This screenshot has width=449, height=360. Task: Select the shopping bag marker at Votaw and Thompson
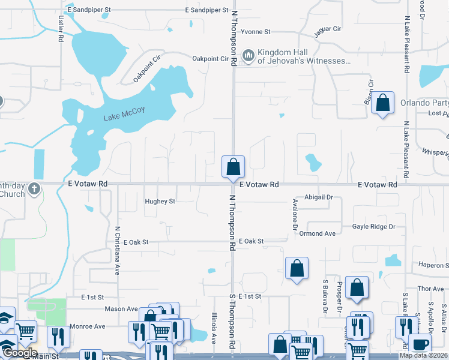[233, 166]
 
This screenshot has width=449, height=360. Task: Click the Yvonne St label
[256, 31]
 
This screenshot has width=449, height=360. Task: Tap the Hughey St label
[160, 202]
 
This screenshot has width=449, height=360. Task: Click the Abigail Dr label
[319, 197]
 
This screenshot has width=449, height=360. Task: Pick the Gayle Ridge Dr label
[374, 226]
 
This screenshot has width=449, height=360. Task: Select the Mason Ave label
[122, 309]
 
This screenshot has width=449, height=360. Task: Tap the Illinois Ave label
[213, 328]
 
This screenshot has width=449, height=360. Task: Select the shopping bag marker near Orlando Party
[382, 103]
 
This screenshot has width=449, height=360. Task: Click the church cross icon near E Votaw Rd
[35, 188]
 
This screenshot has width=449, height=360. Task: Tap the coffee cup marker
[420, 344]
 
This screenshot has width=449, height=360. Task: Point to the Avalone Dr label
[295, 214]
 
